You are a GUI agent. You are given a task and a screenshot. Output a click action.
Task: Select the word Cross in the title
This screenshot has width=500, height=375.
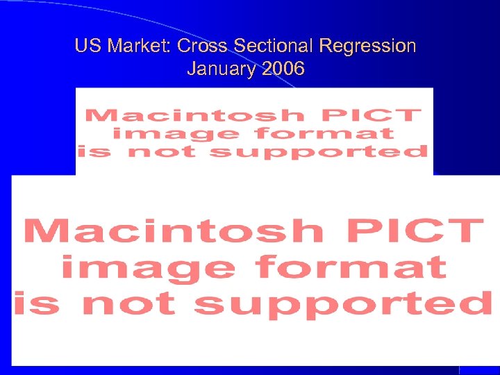click(x=203, y=47)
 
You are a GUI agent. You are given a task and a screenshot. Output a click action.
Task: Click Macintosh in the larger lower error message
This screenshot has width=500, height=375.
click(x=174, y=231)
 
